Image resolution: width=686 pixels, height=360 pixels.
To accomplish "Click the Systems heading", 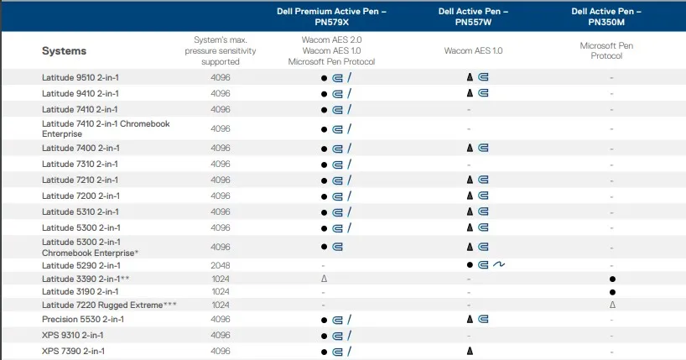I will click(64, 51).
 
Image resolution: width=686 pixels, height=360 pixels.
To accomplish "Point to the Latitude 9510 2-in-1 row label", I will click(81, 77).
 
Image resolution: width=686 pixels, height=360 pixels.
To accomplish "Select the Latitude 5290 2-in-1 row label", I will click(81, 265).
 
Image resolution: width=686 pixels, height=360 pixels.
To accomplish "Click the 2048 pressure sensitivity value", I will click(221, 265).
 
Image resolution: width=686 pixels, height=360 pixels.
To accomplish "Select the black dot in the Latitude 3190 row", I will click(613, 291).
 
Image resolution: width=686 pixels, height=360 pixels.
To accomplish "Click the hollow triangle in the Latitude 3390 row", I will click(323, 278).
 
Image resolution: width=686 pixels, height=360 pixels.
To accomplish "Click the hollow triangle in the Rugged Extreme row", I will click(613, 305).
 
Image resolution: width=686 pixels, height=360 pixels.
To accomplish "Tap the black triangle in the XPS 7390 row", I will click(470, 352).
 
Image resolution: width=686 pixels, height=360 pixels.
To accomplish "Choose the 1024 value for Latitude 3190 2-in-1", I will click(221, 291).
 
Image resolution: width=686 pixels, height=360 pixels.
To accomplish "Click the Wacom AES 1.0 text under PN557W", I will click(473, 51).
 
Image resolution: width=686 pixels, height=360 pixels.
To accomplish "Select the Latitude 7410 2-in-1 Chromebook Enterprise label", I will click(106, 128).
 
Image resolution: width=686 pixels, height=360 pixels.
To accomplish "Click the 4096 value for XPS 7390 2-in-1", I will click(221, 352).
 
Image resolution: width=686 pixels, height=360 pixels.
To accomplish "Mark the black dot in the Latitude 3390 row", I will click(613, 278).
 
